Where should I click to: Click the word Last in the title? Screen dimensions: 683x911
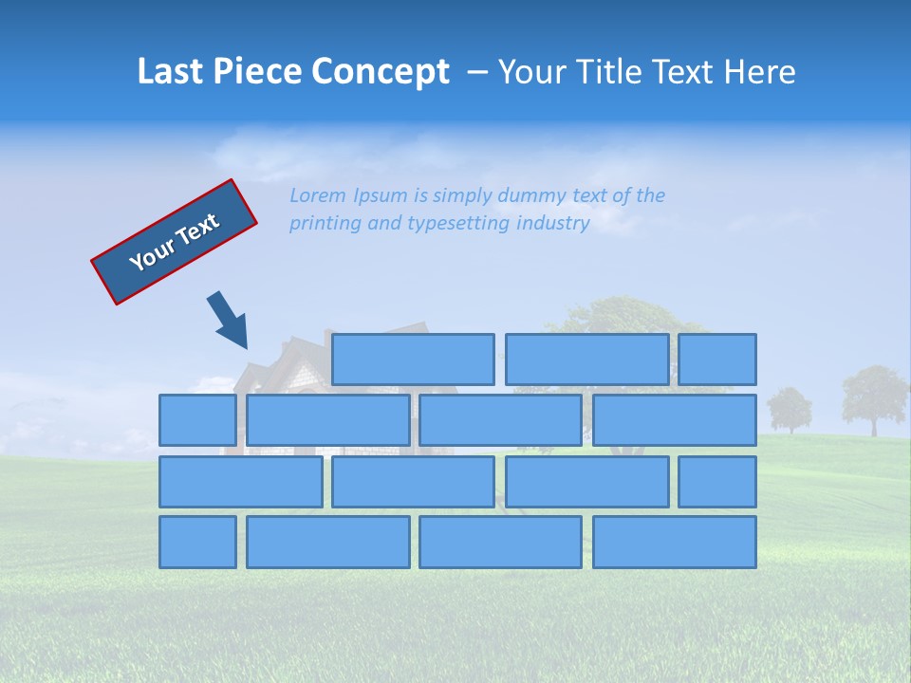[170, 72]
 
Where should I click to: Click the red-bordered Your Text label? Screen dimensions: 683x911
[175, 242]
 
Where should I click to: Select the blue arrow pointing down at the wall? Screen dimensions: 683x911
[228, 320]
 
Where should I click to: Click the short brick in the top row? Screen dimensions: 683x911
[717, 360]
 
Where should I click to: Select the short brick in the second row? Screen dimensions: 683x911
[197, 420]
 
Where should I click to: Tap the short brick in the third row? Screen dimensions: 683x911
[717, 482]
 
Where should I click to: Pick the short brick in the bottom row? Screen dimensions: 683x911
[197, 543]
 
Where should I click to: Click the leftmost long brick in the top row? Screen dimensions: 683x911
[413, 360]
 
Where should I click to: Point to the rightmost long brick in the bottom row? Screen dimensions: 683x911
[675, 543]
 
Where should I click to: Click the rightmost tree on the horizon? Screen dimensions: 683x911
[874, 398]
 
